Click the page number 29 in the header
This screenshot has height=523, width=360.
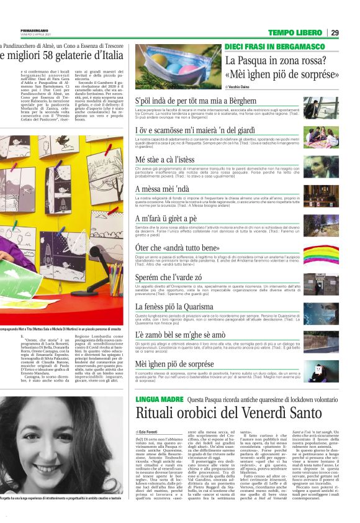335,32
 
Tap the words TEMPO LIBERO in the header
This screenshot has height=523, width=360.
295,32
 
